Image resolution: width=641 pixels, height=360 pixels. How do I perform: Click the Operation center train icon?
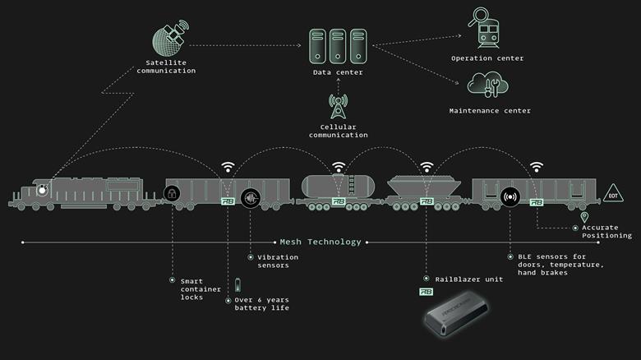[x=487, y=30]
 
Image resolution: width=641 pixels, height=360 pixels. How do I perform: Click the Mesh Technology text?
[x=320, y=242]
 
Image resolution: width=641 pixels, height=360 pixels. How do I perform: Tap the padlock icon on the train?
[x=172, y=194]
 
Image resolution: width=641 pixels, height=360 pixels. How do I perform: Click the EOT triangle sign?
[x=612, y=194]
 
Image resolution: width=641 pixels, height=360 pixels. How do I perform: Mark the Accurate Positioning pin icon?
[x=584, y=217]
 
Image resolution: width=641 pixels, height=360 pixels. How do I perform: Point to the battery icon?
[x=239, y=285]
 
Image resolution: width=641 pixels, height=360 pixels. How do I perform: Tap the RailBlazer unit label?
[x=462, y=279]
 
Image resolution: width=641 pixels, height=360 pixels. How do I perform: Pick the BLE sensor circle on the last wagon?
[x=510, y=197]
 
